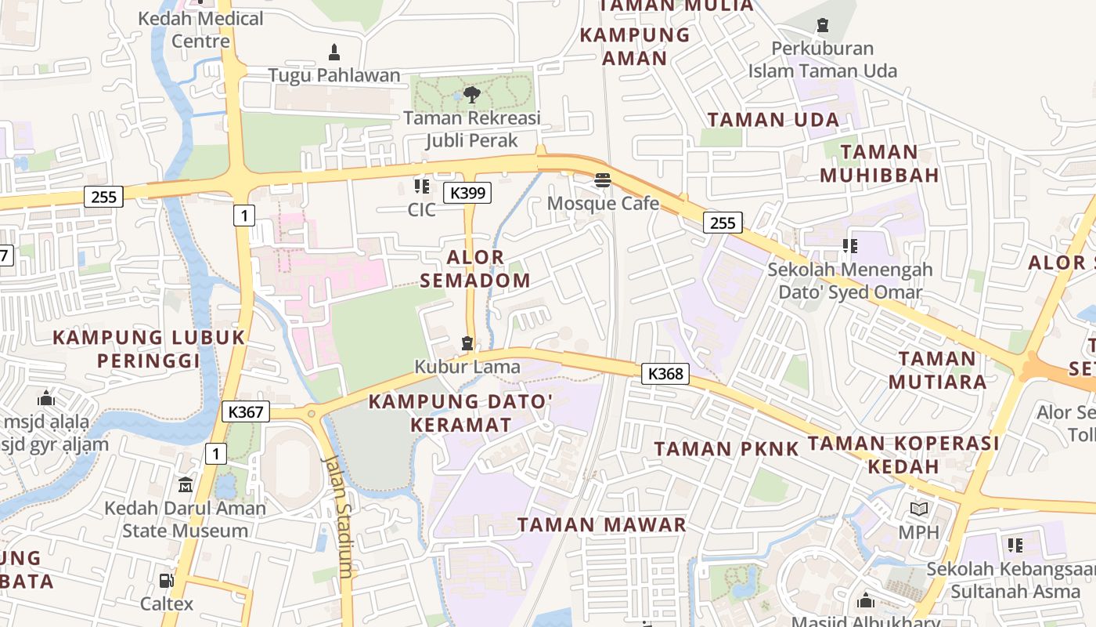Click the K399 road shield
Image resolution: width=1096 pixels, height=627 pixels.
coord(467,193)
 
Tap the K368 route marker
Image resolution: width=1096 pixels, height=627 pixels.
coord(665,374)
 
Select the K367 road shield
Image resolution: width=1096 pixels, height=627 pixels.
coord(246,411)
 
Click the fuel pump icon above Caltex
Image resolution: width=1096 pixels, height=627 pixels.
coord(166,581)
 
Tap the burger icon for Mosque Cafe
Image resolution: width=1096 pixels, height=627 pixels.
coord(602,180)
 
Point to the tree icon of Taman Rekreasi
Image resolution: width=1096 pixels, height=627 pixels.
coord(471,96)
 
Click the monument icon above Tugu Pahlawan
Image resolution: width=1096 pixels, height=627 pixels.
coord(334,53)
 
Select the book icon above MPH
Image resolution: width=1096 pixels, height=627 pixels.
coord(918,509)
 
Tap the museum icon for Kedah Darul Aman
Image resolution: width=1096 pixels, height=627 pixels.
coord(186,485)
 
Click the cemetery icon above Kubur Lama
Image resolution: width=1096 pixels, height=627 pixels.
coord(467,343)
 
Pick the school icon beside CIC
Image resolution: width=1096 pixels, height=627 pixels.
coord(422,187)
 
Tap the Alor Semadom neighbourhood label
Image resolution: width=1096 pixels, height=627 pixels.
coord(475,269)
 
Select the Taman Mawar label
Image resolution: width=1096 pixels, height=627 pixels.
coord(601,524)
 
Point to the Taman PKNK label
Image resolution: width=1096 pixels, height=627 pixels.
coord(726,449)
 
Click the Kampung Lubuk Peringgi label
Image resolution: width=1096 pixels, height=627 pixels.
coord(149,349)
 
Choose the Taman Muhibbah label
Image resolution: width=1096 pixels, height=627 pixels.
coord(879,163)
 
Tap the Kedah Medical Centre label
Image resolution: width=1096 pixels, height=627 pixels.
coord(200,29)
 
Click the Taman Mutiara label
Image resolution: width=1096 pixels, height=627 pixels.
coord(937,370)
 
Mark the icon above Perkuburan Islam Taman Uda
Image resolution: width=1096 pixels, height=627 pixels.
coord(822,26)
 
